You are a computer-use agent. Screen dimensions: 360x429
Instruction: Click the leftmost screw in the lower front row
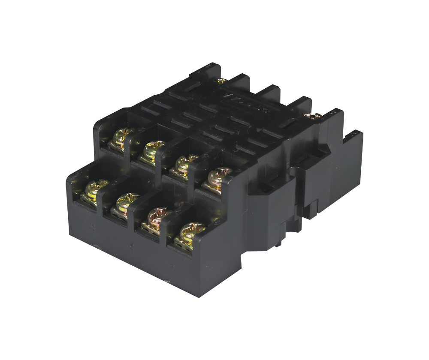(x=95, y=189)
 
